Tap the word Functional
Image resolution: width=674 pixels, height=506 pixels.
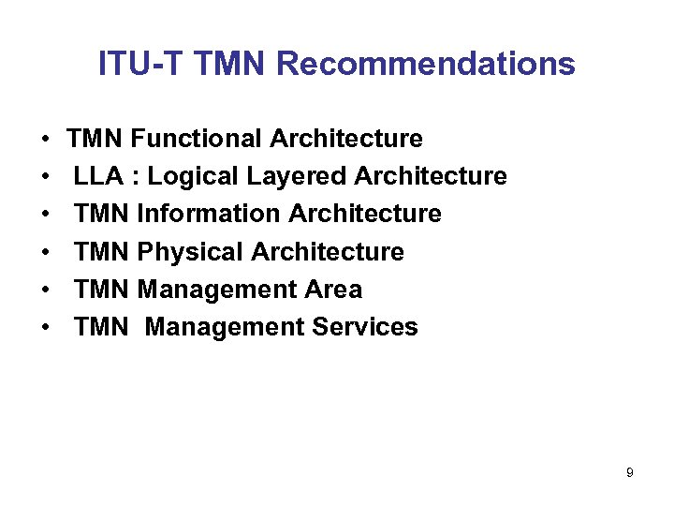[x=197, y=139]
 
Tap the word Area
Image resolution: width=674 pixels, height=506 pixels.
[x=332, y=290]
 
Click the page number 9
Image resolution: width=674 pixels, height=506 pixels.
[x=630, y=473]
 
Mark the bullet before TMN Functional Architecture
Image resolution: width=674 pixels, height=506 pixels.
[x=45, y=140]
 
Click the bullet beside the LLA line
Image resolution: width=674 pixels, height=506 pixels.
[x=45, y=177]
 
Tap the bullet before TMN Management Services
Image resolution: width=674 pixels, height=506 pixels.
[x=45, y=328]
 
